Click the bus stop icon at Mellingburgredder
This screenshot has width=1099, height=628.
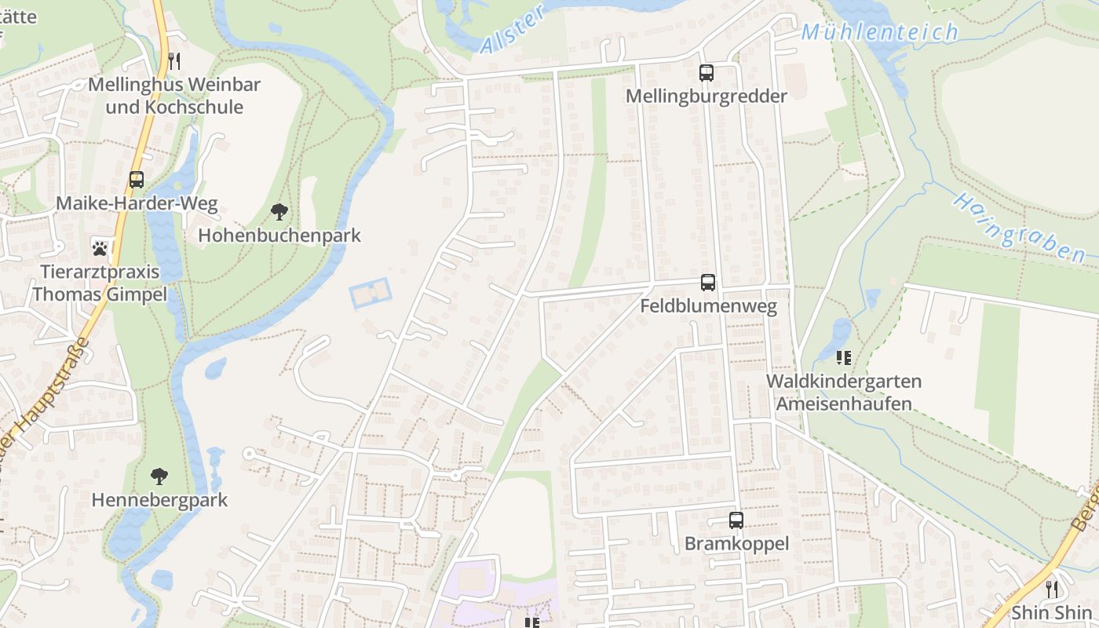pos(706,73)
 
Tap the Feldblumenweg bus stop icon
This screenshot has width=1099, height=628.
pos(708,283)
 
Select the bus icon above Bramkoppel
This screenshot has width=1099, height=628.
pos(736,520)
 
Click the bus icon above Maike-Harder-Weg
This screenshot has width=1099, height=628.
pos(137,180)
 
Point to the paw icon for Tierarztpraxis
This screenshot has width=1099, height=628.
pos(100,248)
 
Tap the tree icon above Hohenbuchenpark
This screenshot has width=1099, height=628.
pos(279,211)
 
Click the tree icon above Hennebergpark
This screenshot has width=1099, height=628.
pos(159,476)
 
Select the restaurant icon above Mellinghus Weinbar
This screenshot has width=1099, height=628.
pos(174,60)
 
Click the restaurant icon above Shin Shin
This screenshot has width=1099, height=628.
pos(1051,588)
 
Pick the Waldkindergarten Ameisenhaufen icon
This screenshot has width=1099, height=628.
pos(844,358)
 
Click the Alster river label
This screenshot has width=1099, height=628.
pos(512,30)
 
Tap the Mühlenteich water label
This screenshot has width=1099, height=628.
pos(880,32)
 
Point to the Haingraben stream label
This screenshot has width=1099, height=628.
pos(1019,228)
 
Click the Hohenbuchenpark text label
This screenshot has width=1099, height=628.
pos(279,235)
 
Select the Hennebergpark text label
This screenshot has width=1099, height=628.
pos(159,500)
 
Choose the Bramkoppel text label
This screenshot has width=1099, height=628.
pos(736,543)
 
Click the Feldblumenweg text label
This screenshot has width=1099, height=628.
pos(708,306)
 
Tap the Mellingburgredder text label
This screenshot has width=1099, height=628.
pos(706,96)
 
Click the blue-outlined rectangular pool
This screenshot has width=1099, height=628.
pos(370,293)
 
